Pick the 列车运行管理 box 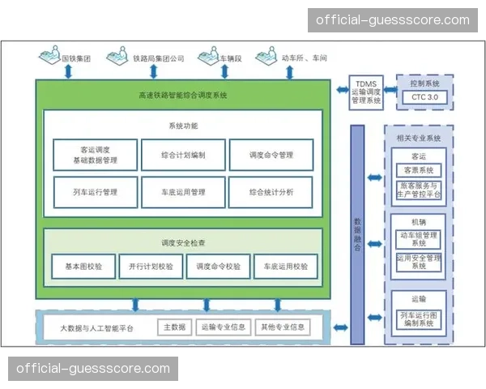tap(94, 192)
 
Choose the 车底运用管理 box tap(183, 192)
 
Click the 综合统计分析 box tap(271, 192)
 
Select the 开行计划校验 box tap(151, 266)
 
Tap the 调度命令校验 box tap(218, 266)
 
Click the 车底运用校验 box tap(284, 266)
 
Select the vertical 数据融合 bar tap(357, 235)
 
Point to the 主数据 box tap(175, 327)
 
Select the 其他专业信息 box tap(282, 327)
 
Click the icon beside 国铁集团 tap(50, 58)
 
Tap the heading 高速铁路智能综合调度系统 tap(183, 95)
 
